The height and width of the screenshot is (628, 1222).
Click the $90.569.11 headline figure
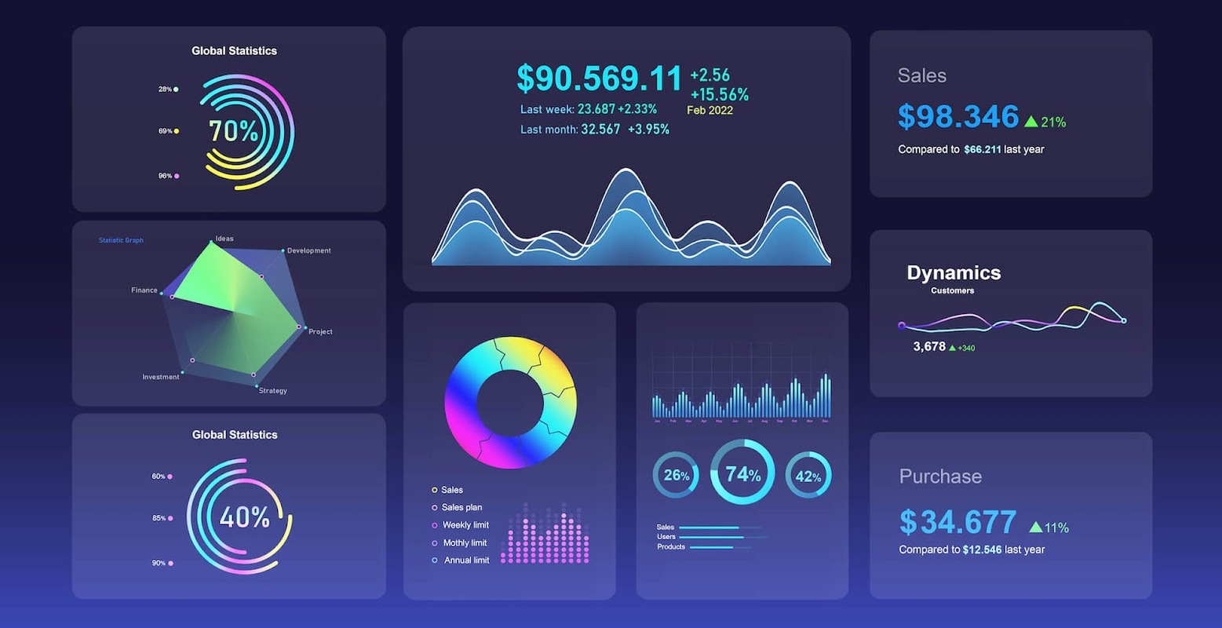pos(600,78)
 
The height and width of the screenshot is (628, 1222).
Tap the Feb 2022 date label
pos(709,111)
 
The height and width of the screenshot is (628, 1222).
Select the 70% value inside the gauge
pos(234,131)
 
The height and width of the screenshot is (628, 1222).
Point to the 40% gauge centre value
pos(244,517)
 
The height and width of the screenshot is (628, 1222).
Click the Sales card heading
pos(922,76)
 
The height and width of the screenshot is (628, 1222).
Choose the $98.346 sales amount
pos(958,117)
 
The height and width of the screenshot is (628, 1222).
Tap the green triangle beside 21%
pos(1031,122)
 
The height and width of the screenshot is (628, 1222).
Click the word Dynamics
pos(954,272)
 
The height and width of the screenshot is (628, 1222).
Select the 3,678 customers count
pos(929,346)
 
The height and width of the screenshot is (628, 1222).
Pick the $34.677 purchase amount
pos(958,522)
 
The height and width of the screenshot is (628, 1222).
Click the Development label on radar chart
pos(308,251)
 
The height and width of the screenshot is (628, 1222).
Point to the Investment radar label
pos(160,377)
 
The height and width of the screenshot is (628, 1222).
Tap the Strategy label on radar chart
pos(273,391)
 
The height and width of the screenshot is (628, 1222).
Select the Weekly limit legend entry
pos(465,525)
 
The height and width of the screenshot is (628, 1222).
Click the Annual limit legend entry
pos(466,560)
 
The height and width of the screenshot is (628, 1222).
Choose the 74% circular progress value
pos(742,474)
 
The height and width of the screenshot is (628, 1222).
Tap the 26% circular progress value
pos(676,476)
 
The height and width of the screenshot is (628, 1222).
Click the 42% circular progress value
pos(808,476)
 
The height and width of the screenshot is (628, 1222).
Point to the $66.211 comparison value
pos(982,149)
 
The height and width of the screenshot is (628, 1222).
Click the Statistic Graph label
pos(121,240)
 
